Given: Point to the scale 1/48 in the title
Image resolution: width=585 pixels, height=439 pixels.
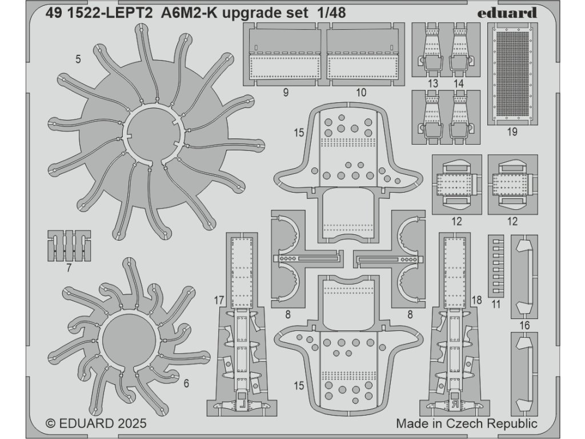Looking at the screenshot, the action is click(x=330, y=13).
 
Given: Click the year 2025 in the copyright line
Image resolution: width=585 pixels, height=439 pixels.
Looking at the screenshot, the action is click(x=130, y=424).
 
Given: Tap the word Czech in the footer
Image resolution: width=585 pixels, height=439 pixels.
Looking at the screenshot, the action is click(x=467, y=424).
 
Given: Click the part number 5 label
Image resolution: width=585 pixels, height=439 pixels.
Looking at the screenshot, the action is click(x=78, y=58).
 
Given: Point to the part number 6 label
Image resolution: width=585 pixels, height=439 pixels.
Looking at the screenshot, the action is click(x=186, y=384).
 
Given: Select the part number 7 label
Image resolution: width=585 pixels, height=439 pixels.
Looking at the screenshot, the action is click(x=69, y=268).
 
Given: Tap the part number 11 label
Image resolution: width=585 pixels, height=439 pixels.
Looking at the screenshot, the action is click(x=495, y=304).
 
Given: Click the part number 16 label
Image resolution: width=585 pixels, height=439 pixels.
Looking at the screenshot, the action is click(x=525, y=325).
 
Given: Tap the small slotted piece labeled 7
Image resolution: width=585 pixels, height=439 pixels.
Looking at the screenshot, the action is click(x=69, y=245).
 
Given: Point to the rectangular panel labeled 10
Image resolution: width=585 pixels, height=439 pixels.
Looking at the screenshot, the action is click(x=362, y=54).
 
